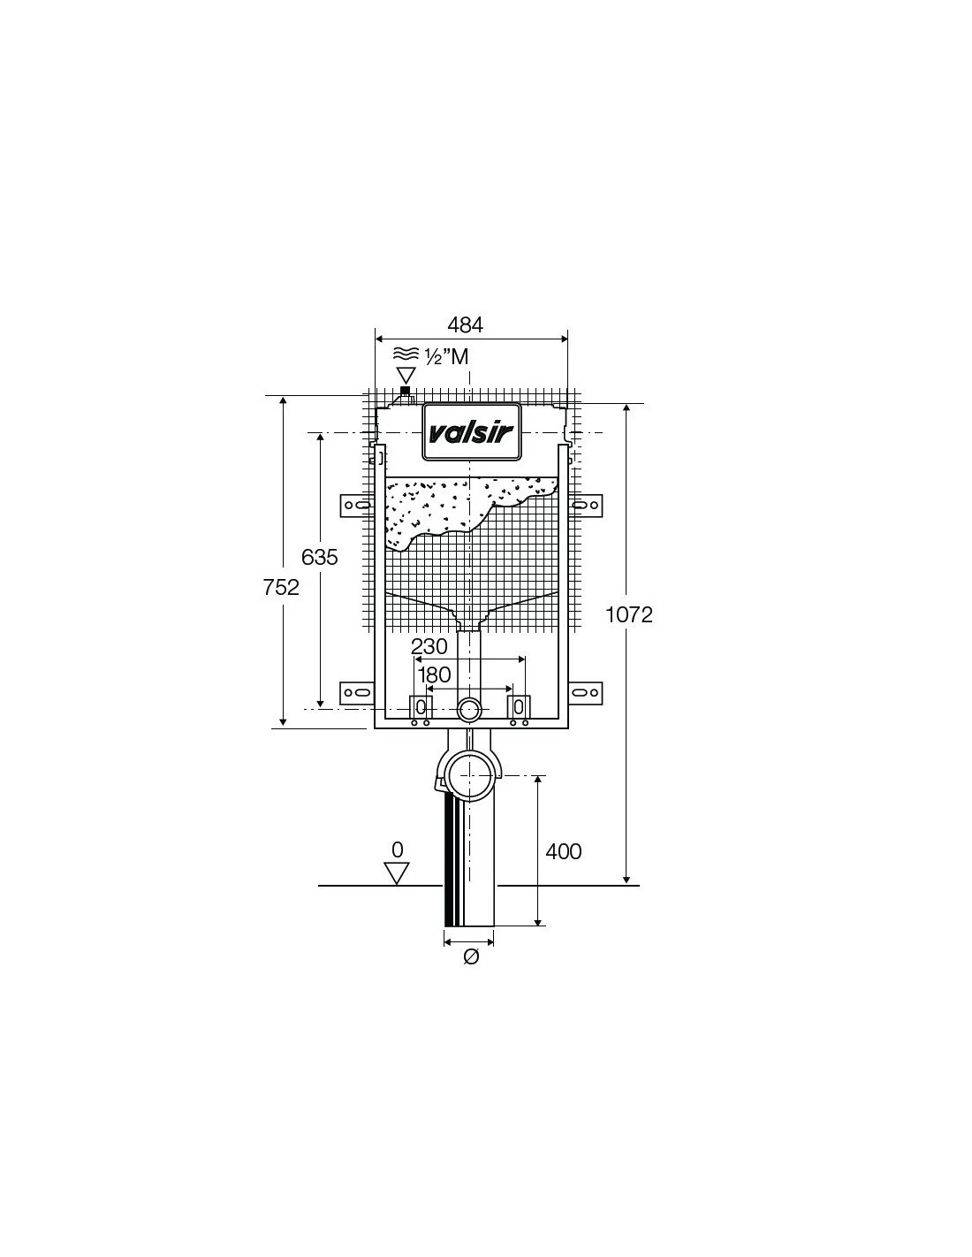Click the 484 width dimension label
(465, 325)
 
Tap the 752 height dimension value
(281, 587)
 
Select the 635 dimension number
(319, 557)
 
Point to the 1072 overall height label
(629, 614)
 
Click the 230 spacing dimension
(429, 646)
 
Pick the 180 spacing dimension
(434, 674)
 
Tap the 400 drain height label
(563, 851)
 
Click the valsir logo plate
(472, 432)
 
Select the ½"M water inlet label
(446, 357)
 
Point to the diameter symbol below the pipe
(471, 956)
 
